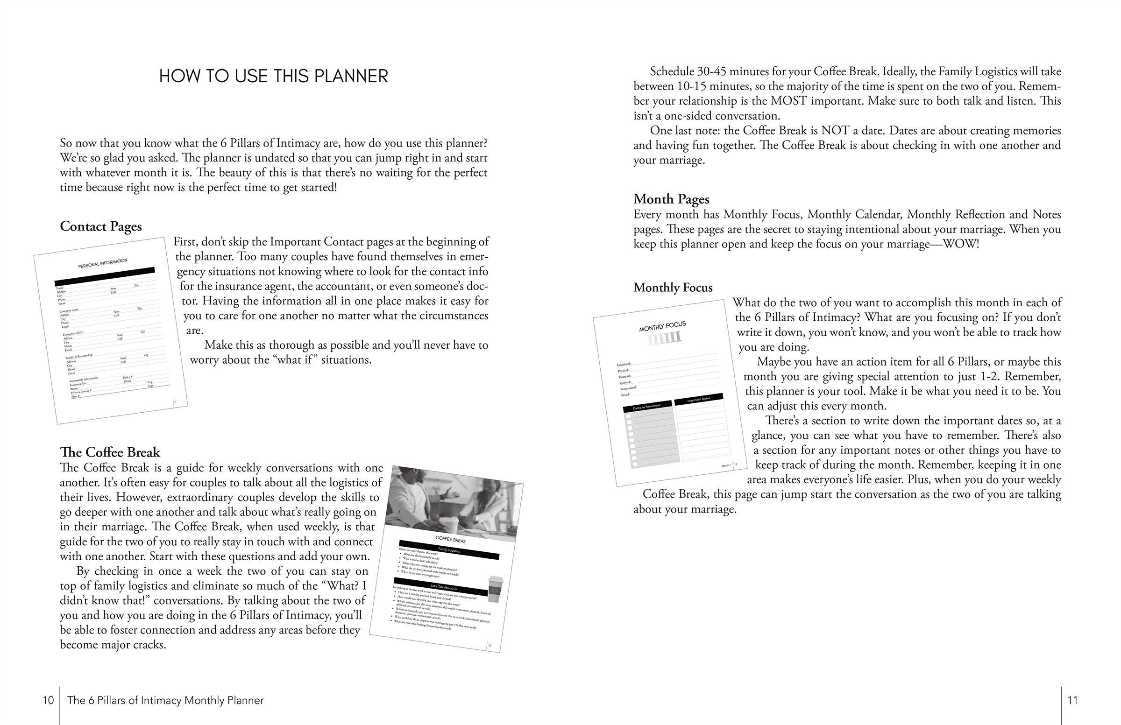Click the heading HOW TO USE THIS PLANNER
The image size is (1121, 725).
(273, 76)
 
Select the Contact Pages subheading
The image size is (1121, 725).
(101, 226)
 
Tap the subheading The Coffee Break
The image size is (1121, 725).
(110, 452)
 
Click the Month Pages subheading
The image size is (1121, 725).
(671, 199)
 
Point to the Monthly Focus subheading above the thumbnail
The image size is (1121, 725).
(673, 288)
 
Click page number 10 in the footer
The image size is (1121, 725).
(48, 700)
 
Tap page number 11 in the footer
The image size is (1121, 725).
(1072, 700)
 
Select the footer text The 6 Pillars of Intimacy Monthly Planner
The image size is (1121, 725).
(165, 700)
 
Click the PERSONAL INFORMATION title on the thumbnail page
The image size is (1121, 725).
(103, 263)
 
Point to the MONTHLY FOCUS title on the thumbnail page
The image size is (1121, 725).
(662, 326)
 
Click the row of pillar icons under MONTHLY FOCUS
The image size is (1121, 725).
(665, 338)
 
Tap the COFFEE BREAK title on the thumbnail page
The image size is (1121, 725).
(451, 539)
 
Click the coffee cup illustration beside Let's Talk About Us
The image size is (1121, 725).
(495, 589)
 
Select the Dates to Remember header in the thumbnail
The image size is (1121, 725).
(647, 406)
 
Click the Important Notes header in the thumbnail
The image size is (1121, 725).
(698, 400)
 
